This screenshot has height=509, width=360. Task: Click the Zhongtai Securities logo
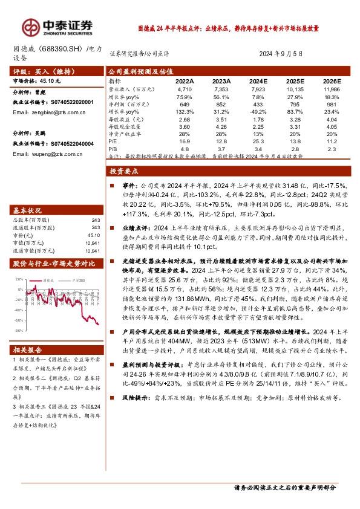pos(57,27)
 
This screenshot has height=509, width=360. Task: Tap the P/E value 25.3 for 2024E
pos(258,140)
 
